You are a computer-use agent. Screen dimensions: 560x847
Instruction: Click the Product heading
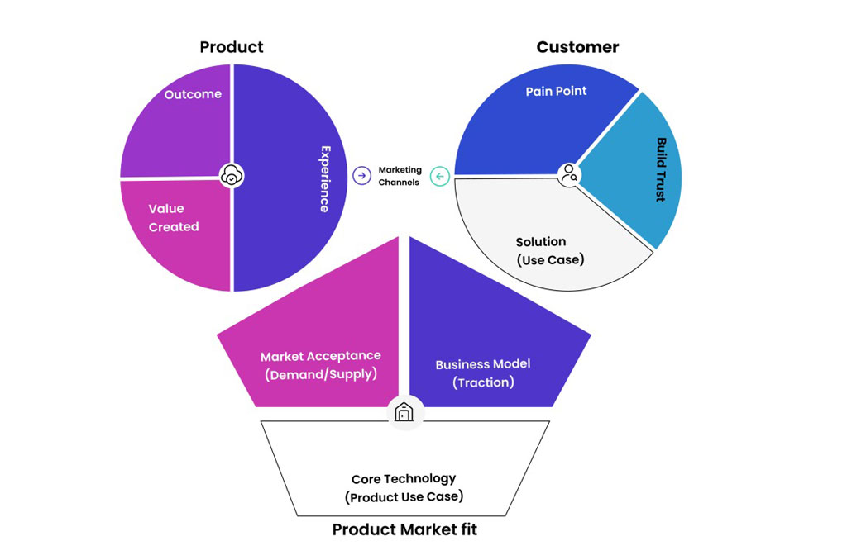tap(232, 47)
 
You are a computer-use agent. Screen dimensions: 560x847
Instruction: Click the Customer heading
tap(577, 47)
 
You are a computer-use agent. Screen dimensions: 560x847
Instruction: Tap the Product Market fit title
tap(404, 529)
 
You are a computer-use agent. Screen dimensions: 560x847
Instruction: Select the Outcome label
tap(193, 94)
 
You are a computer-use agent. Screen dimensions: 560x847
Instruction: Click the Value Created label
tap(174, 218)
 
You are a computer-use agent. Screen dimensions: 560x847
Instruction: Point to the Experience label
tap(325, 179)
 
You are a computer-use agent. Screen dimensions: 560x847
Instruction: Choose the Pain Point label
tap(556, 91)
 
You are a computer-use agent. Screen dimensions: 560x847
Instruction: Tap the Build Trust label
tap(661, 169)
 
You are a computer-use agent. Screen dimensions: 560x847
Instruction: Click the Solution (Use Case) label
tap(549, 250)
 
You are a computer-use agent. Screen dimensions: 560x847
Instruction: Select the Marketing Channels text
tap(400, 176)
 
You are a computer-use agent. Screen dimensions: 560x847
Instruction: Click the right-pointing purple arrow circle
tap(361, 175)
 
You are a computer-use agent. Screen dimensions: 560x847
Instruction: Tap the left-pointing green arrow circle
tap(440, 176)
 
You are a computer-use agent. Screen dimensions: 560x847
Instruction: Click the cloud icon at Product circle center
tap(233, 175)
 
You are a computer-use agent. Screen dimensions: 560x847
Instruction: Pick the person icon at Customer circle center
tap(569, 174)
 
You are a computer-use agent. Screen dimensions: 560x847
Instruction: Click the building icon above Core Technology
tap(404, 411)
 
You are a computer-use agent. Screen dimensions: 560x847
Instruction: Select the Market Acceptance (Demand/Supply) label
tap(321, 365)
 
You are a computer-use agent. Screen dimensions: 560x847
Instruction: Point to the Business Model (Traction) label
tap(483, 373)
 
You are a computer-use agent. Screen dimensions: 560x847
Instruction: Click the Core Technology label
tap(404, 478)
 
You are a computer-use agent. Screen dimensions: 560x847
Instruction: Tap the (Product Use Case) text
tap(404, 497)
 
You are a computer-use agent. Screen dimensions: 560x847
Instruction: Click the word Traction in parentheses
tap(483, 382)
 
